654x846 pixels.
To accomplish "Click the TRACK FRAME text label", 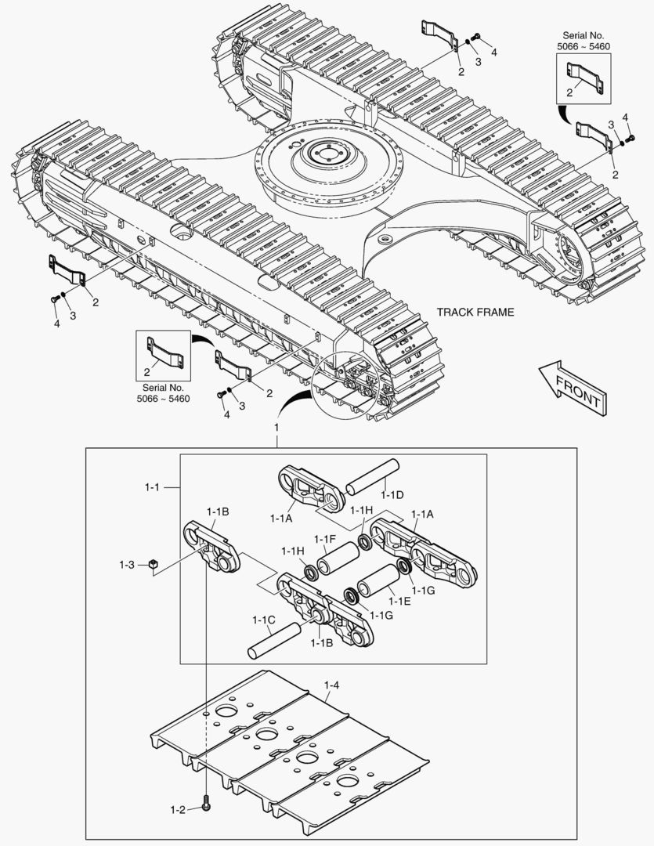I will (x=475, y=312).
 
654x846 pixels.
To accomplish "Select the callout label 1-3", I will (x=128, y=564).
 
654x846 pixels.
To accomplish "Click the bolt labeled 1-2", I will (x=206, y=804).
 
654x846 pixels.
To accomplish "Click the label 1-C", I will (x=263, y=619).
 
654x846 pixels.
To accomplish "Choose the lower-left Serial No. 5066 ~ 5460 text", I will (x=164, y=392).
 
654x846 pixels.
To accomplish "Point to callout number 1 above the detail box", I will (x=276, y=428).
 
